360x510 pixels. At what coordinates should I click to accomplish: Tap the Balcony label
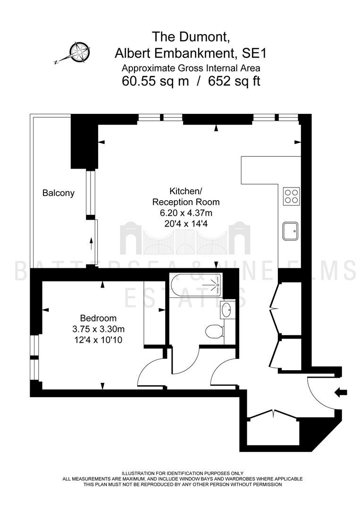(59, 193)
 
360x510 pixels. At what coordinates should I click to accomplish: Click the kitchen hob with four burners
(291, 196)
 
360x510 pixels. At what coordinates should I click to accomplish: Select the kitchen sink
(291, 231)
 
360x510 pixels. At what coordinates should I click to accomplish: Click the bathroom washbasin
(226, 310)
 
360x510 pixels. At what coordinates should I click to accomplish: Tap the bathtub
(196, 285)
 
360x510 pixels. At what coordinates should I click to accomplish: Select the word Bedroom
(99, 318)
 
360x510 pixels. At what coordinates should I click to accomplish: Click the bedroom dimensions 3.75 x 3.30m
(99, 329)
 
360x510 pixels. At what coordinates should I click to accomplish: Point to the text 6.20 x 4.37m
(186, 213)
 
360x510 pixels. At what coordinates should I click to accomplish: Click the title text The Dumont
(192, 36)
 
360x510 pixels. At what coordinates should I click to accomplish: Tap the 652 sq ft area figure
(234, 81)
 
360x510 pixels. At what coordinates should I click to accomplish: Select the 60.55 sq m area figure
(155, 81)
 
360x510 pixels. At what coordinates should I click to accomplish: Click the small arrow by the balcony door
(91, 243)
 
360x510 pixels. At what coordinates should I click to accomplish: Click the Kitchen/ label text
(186, 191)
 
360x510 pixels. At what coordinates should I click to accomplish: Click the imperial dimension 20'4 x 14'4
(186, 224)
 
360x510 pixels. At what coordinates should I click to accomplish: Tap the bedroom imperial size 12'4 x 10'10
(99, 340)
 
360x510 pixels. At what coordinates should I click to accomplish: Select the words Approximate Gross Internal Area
(191, 68)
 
